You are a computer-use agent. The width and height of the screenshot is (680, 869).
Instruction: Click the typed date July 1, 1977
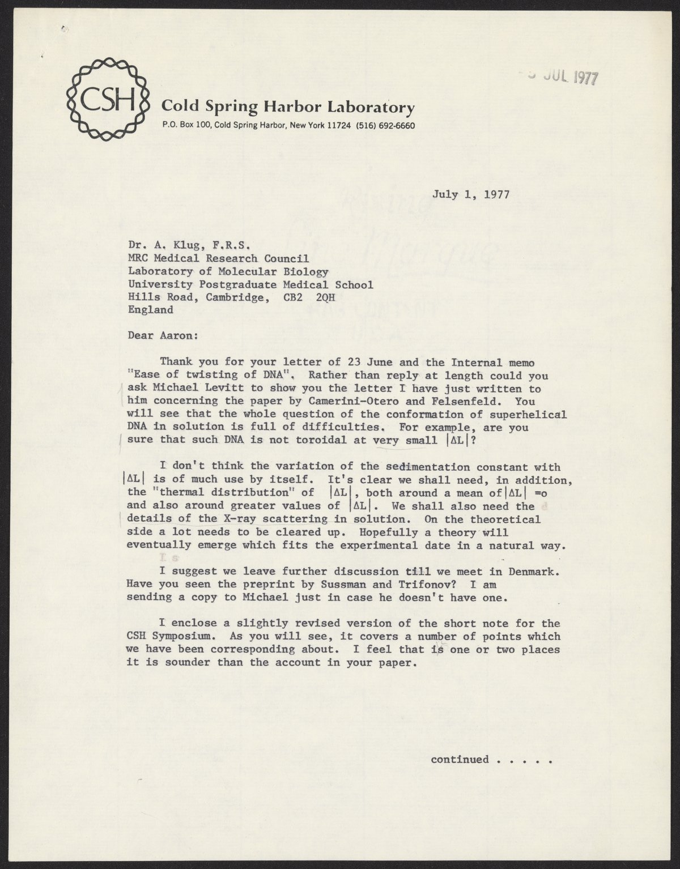coord(471,194)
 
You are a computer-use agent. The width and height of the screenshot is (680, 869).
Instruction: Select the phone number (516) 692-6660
coord(385,125)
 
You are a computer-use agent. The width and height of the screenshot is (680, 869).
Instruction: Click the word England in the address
coord(150,310)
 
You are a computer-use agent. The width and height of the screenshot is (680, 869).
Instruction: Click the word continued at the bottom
coord(460,759)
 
